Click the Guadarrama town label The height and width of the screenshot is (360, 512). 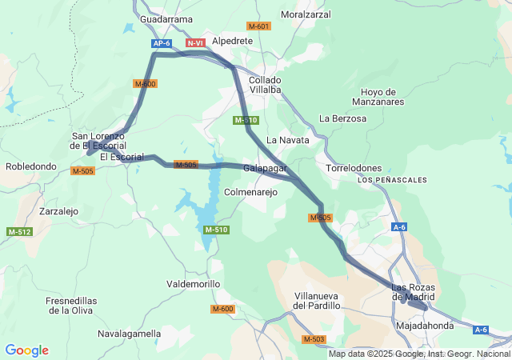coord(166,19)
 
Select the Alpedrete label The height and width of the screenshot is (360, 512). coord(232,41)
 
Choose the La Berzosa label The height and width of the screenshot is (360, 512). coord(342,118)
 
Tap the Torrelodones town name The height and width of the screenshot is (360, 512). coord(357,169)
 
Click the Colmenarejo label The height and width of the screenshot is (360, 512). coord(250,193)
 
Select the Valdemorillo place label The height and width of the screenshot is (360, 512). coord(192,284)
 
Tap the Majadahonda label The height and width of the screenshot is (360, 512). coord(424,326)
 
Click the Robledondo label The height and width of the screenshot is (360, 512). coord(31,167)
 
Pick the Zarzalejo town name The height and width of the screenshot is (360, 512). coord(58,212)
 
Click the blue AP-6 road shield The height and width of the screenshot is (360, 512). coord(162,43)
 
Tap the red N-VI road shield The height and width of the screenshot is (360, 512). coord(195,42)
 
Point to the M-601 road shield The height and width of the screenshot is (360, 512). coord(259,26)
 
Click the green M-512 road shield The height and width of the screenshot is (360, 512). coord(19,232)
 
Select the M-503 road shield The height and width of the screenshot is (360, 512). coord(314,340)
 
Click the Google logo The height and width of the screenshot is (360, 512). coord(26,350)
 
